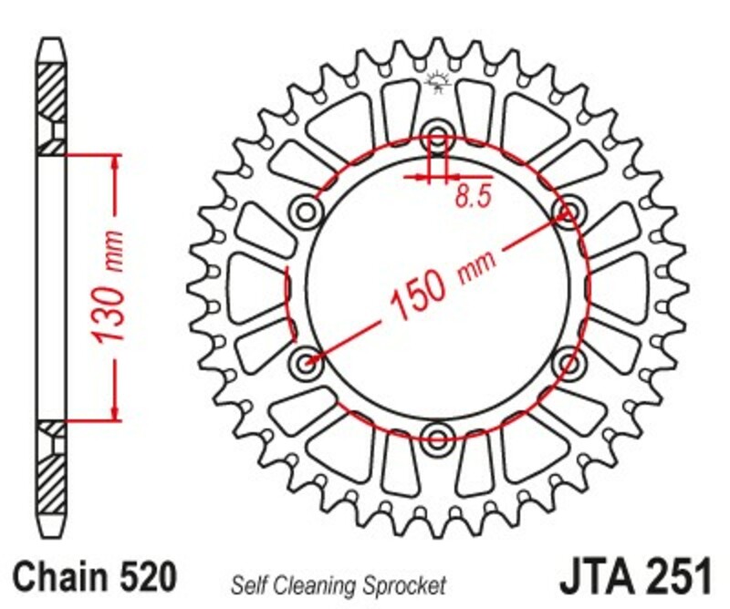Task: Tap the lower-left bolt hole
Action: coord(307,361)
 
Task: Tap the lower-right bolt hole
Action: coord(568,362)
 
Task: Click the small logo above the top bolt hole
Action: coord(437,85)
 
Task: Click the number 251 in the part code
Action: coord(676,577)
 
